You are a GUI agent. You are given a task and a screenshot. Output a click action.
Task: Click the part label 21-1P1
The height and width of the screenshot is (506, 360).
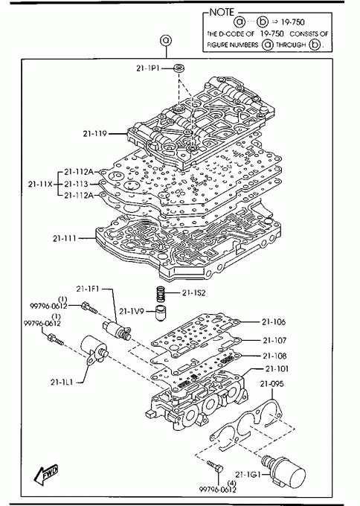tap(147, 68)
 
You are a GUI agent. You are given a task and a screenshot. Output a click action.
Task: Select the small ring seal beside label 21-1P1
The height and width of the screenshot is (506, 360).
tap(179, 68)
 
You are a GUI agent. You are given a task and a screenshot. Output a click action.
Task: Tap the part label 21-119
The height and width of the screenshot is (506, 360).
tap(95, 133)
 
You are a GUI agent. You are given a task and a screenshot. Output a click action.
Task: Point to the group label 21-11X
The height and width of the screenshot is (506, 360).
tap(40, 185)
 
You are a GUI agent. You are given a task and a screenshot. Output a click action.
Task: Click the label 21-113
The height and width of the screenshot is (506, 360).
tap(76, 184)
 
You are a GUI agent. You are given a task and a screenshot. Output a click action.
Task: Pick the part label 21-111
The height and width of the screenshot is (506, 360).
tap(65, 238)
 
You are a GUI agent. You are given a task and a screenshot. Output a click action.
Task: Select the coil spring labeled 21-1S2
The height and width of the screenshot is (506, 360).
tap(161, 294)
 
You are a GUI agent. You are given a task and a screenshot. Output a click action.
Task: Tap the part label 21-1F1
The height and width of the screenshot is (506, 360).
tap(88, 289)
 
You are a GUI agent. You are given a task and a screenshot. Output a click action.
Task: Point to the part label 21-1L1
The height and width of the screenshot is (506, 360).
tap(62, 382)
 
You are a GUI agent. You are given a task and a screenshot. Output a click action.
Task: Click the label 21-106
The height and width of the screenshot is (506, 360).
tap(274, 321)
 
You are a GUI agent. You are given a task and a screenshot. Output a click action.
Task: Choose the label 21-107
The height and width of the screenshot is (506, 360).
tap(274, 340)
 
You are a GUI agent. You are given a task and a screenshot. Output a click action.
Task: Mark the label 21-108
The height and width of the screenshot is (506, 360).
tap(274, 356)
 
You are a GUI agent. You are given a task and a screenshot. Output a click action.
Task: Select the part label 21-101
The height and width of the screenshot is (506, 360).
tap(277, 368)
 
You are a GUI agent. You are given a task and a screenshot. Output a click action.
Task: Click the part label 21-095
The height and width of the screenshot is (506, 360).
tap(272, 384)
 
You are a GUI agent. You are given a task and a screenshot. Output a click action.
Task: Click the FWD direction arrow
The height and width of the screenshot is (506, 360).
tap(46, 475)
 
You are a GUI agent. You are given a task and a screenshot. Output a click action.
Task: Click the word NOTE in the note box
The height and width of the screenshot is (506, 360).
tap(222, 12)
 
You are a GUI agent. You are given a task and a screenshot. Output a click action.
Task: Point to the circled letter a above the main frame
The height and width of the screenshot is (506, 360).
tap(166, 41)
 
